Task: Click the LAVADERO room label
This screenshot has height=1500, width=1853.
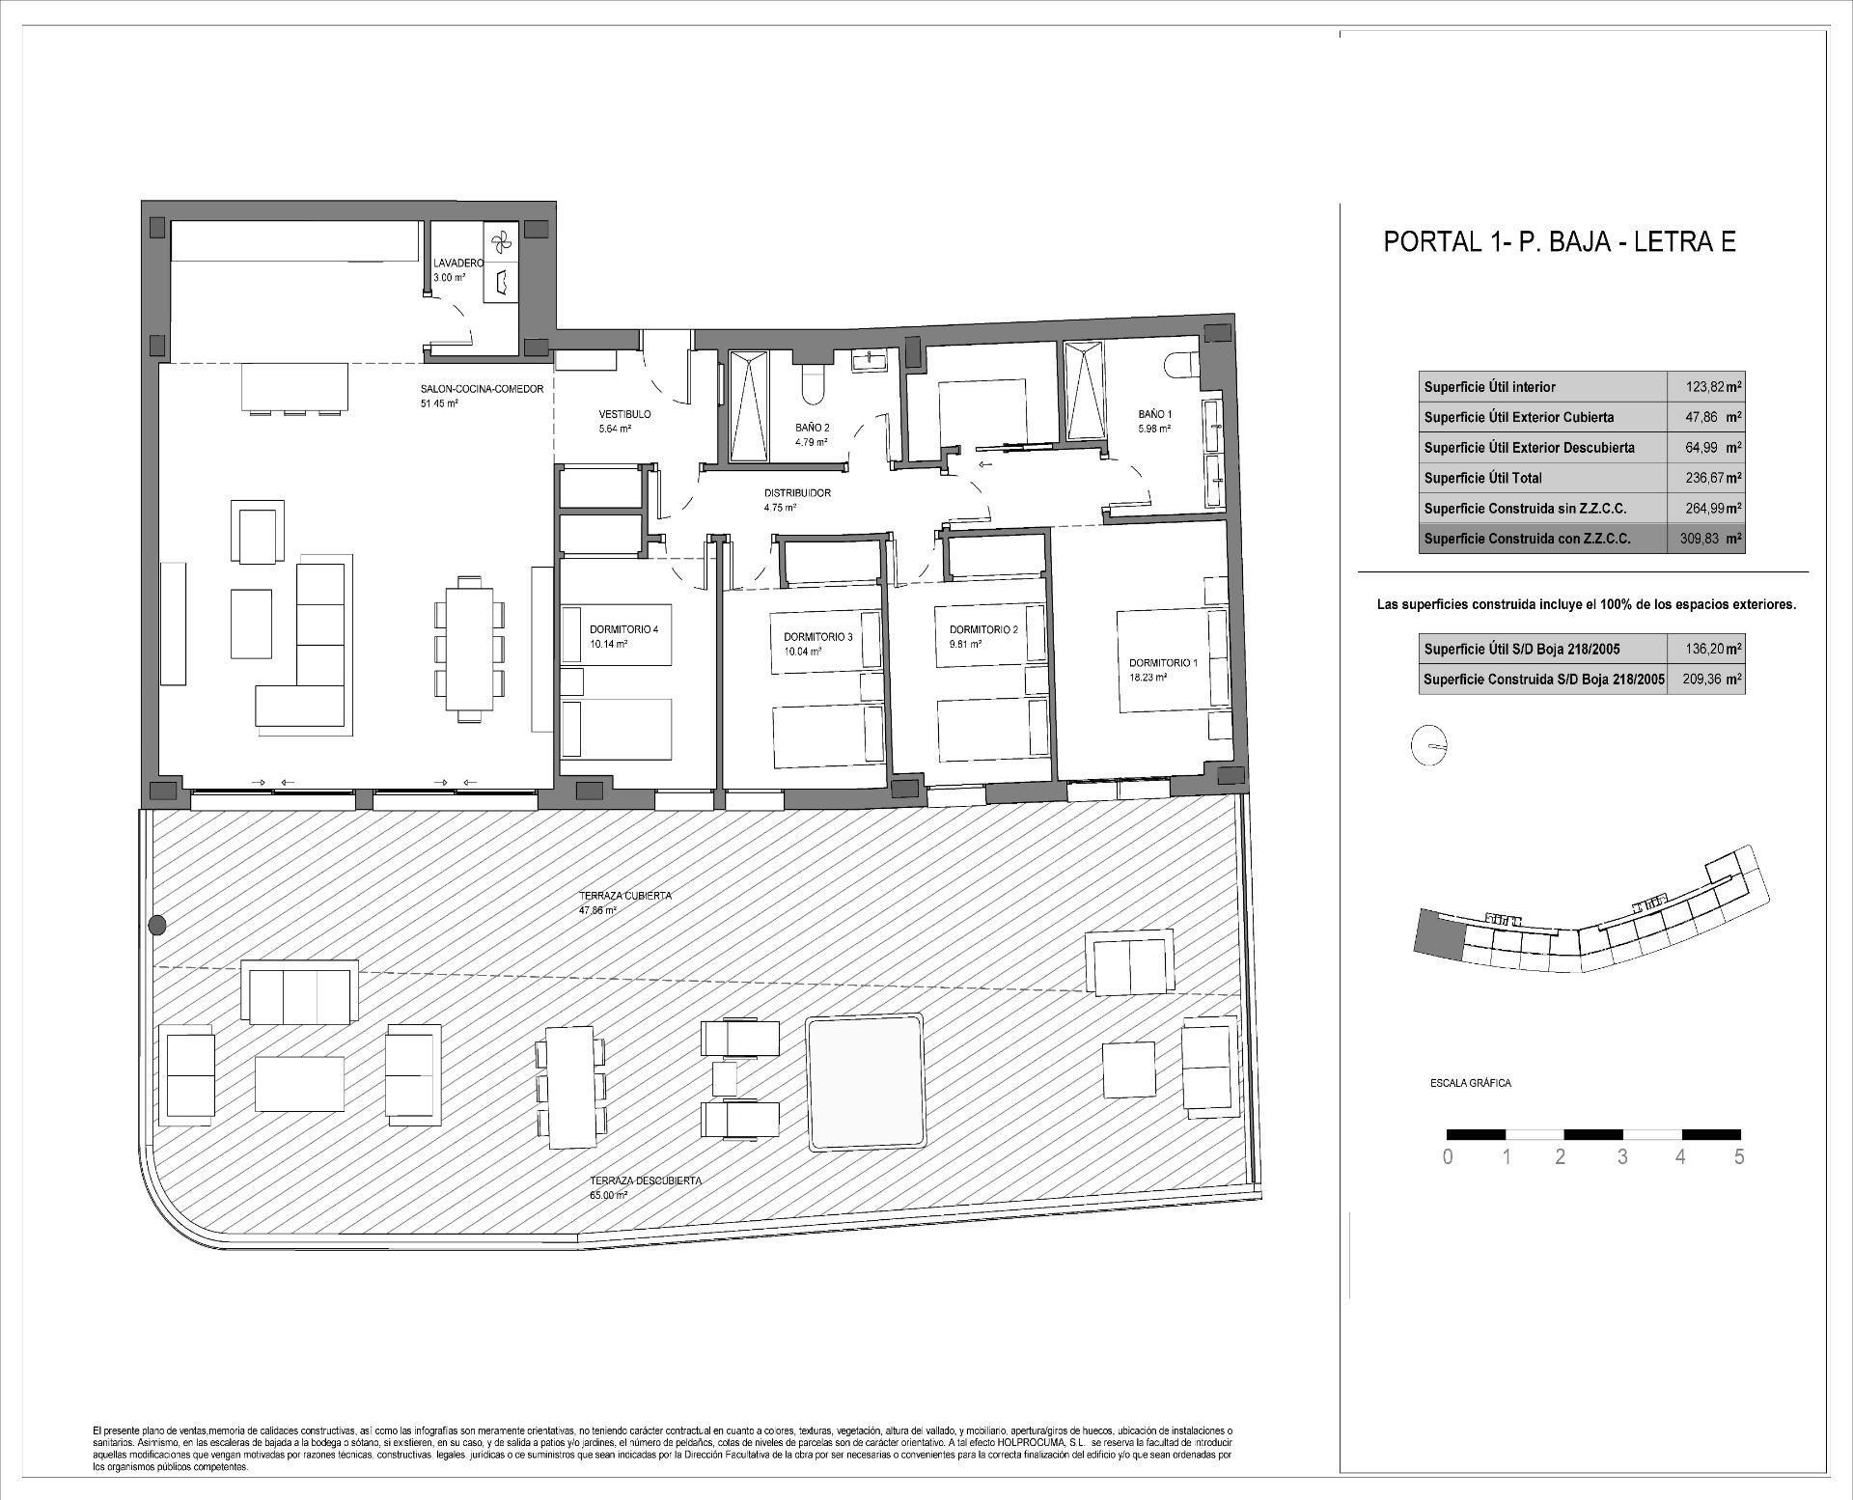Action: (457, 263)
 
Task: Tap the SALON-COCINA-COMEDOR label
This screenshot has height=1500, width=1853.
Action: (482, 389)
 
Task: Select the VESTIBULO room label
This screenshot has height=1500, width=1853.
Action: (623, 414)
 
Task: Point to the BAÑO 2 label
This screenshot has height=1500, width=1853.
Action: (812, 427)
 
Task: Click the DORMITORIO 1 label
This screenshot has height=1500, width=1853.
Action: (1163, 663)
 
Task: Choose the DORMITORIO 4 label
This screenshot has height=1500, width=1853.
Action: (623, 629)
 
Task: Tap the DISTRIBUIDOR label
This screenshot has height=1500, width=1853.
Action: (797, 493)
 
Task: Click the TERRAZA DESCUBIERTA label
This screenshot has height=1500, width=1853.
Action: (646, 1181)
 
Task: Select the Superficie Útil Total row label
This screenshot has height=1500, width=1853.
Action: (1482, 478)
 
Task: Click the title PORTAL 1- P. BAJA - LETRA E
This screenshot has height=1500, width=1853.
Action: (1560, 241)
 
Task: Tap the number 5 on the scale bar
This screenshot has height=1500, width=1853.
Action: (1739, 1157)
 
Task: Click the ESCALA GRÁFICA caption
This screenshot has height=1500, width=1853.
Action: (1470, 1083)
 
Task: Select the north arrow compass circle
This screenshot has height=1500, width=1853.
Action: (1429, 745)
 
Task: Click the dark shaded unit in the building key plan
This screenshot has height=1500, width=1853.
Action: (1437, 934)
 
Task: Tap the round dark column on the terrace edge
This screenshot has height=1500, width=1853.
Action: (157, 926)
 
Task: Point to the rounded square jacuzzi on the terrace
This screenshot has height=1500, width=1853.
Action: (864, 1082)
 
